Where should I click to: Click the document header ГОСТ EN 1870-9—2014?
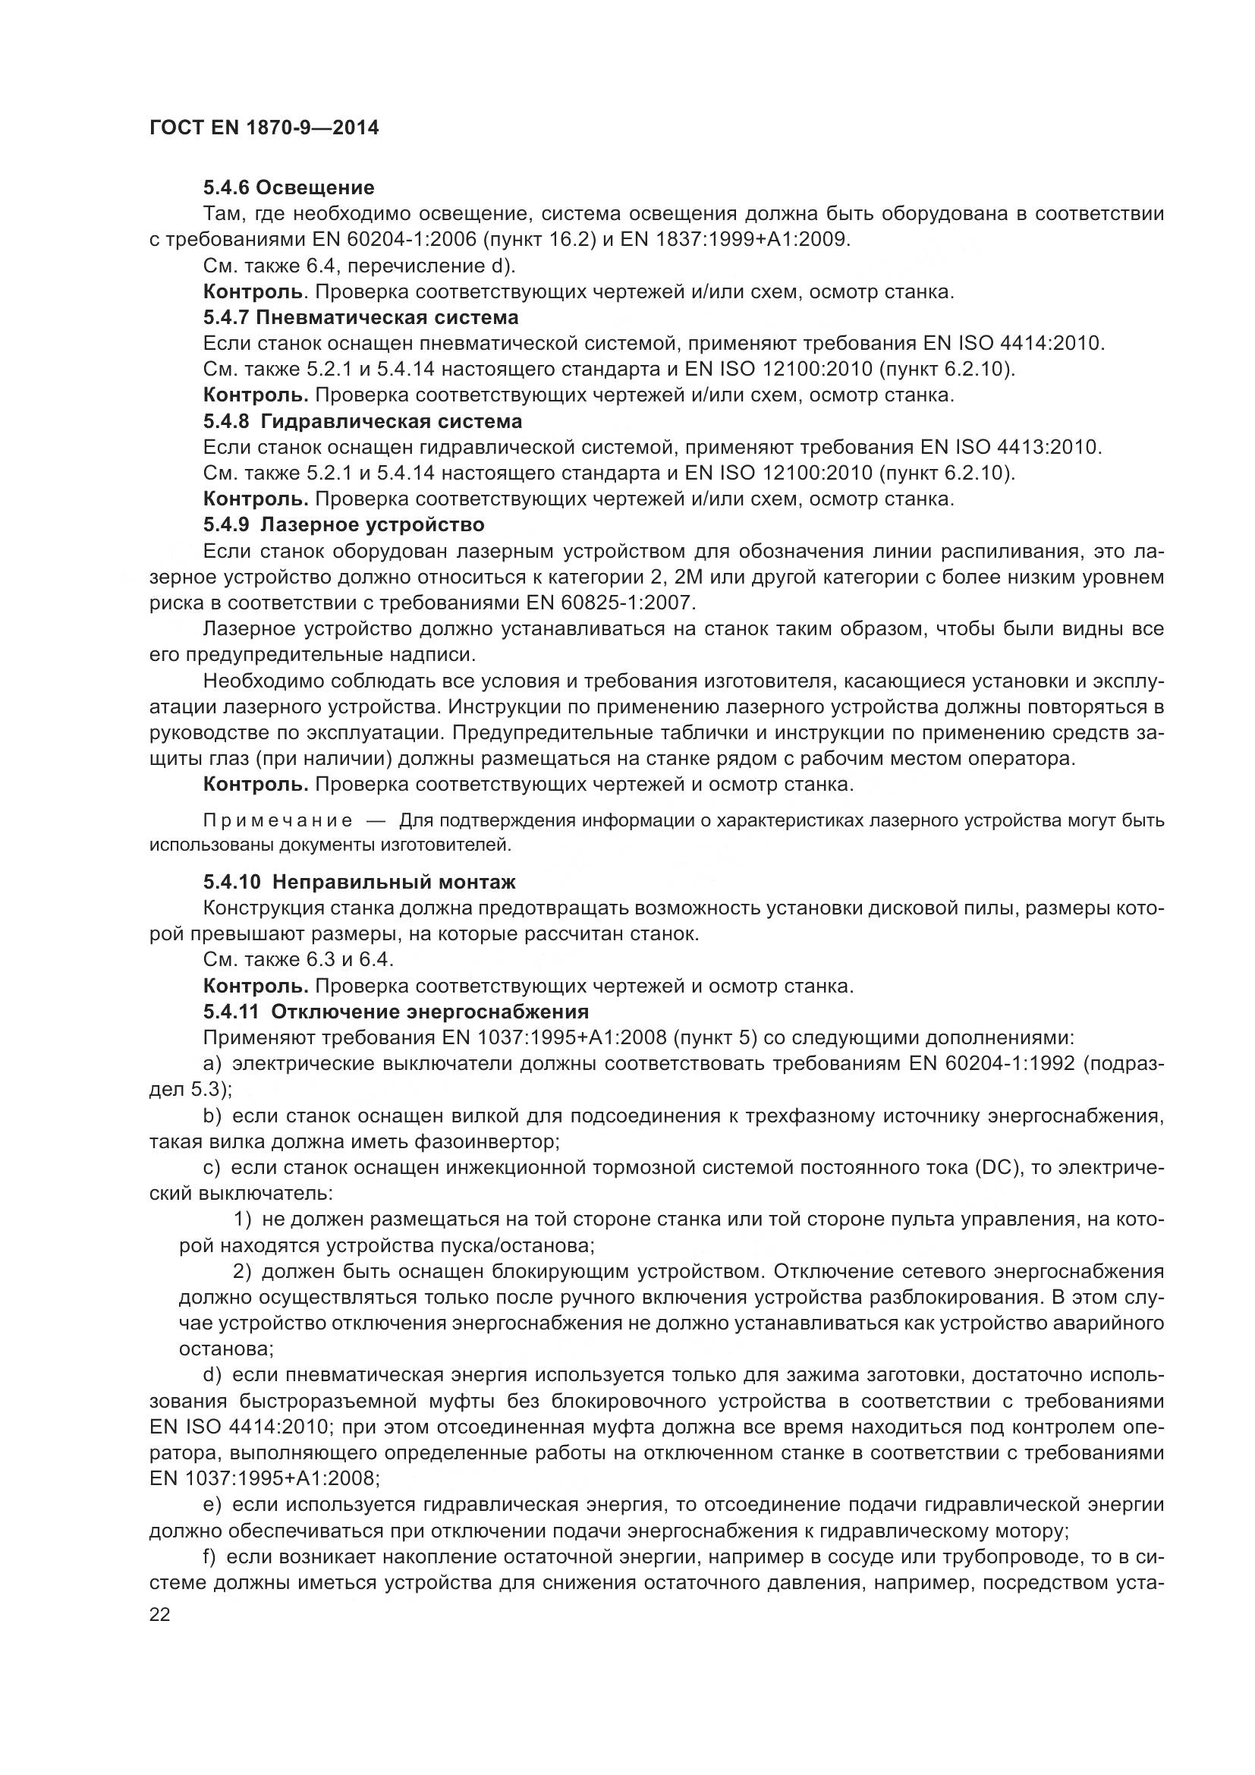pyautogui.click(x=264, y=128)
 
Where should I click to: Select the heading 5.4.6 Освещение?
pyautogui.click(x=289, y=187)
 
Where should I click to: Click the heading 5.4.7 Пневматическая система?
pyautogui.click(x=361, y=317)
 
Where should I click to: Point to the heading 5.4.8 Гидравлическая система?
pyautogui.click(x=363, y=421)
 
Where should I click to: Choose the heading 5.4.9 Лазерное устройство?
pyautogui.click(x=344, y=525)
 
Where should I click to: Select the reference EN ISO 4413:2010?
pyautogui.click(x=1010, y=447)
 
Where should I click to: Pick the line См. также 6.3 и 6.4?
pyautogui.click(x=298, y=959)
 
